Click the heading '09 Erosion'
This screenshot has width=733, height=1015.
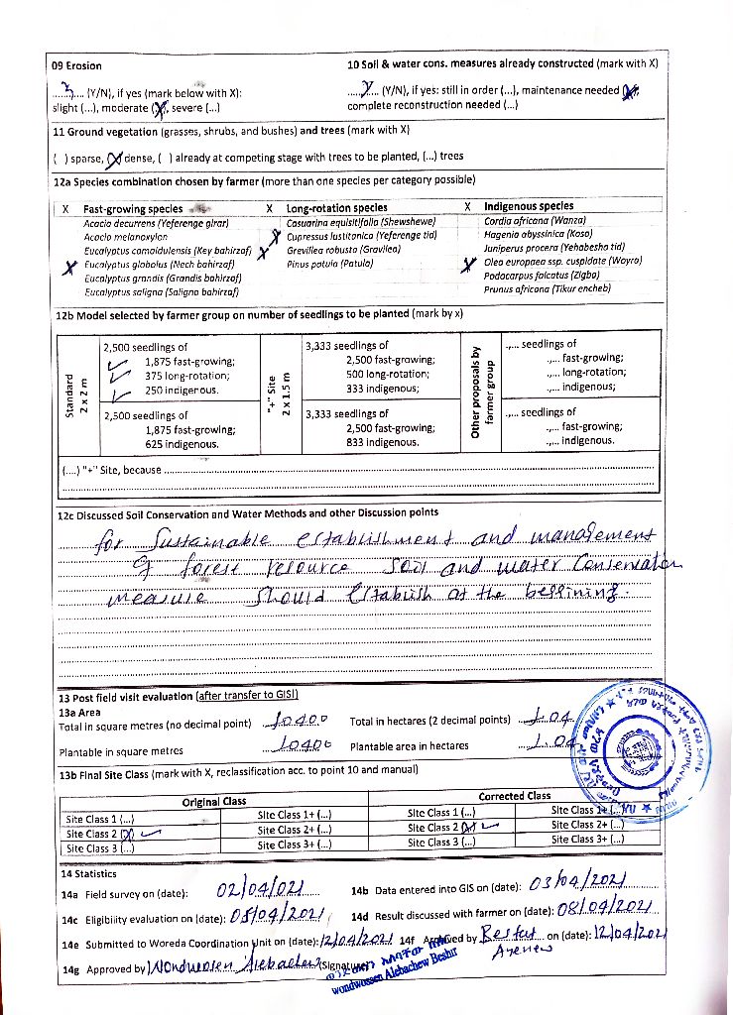[x=76, y=65]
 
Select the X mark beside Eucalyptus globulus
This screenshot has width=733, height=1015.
[x=69, y=267]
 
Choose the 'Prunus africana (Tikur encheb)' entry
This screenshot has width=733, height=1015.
[x=547, y=288]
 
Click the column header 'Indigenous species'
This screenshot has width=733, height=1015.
[x=528, y=206]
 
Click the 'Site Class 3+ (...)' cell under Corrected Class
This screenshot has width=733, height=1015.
[x=588, y=839]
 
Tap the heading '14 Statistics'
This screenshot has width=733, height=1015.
[x=88, y=874]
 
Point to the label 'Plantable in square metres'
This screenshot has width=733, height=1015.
[x=121, y=751]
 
